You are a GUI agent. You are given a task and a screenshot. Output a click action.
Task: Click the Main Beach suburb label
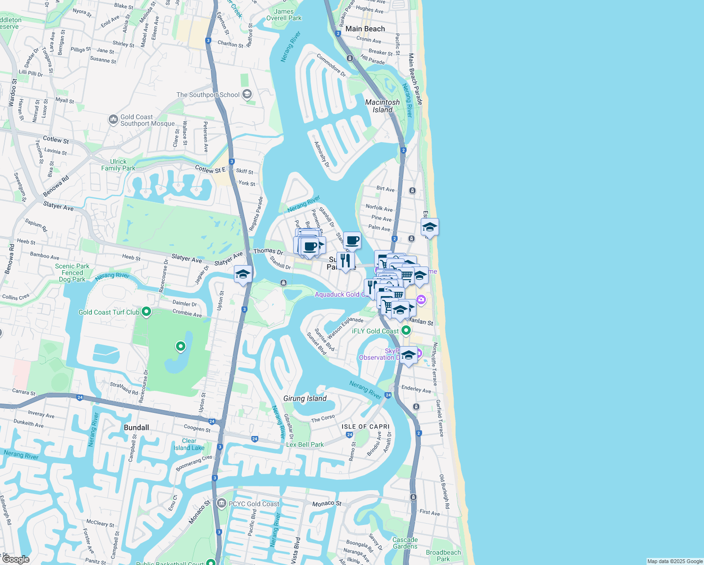365,29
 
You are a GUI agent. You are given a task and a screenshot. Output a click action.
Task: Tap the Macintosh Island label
383,106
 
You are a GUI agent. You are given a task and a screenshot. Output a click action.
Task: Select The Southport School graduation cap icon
247,95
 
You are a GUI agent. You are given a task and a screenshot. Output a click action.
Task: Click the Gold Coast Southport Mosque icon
113,120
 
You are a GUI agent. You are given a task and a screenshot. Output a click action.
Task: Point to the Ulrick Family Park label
118,165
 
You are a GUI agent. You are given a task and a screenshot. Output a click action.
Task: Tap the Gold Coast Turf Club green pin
146,312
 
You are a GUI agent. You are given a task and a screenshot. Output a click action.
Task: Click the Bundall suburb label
136,428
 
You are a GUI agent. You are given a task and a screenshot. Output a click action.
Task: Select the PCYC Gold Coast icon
222,503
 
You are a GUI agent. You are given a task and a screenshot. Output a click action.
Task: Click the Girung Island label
305,398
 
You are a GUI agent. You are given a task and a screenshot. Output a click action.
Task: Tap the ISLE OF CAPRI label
366,427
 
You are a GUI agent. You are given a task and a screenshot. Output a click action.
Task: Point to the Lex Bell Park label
305,444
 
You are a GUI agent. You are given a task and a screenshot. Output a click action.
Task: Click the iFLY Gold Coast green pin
406,331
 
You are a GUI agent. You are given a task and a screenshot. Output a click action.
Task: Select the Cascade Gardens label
405,543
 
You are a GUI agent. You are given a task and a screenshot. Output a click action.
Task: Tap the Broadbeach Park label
443,556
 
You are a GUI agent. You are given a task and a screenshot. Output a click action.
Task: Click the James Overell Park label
284,15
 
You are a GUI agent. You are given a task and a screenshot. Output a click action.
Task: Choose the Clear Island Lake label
189,444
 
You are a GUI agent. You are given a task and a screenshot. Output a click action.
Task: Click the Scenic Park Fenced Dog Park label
72,273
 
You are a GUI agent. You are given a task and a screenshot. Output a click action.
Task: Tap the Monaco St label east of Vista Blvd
327,504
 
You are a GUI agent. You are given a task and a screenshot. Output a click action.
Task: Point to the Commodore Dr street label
331,65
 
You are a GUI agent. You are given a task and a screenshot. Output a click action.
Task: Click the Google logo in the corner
16,559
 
